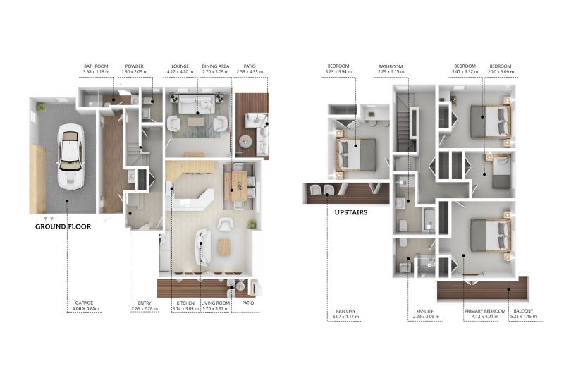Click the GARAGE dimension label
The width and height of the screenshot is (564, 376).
pos(85,305)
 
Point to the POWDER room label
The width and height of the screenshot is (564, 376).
pos(134,68)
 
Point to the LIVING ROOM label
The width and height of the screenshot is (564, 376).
pos(216,305)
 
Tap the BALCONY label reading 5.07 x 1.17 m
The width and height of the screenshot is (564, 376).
pos(345,313)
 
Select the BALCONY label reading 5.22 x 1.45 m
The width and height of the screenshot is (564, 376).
pos(523,313)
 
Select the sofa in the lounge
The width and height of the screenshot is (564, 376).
pos(197,106)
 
